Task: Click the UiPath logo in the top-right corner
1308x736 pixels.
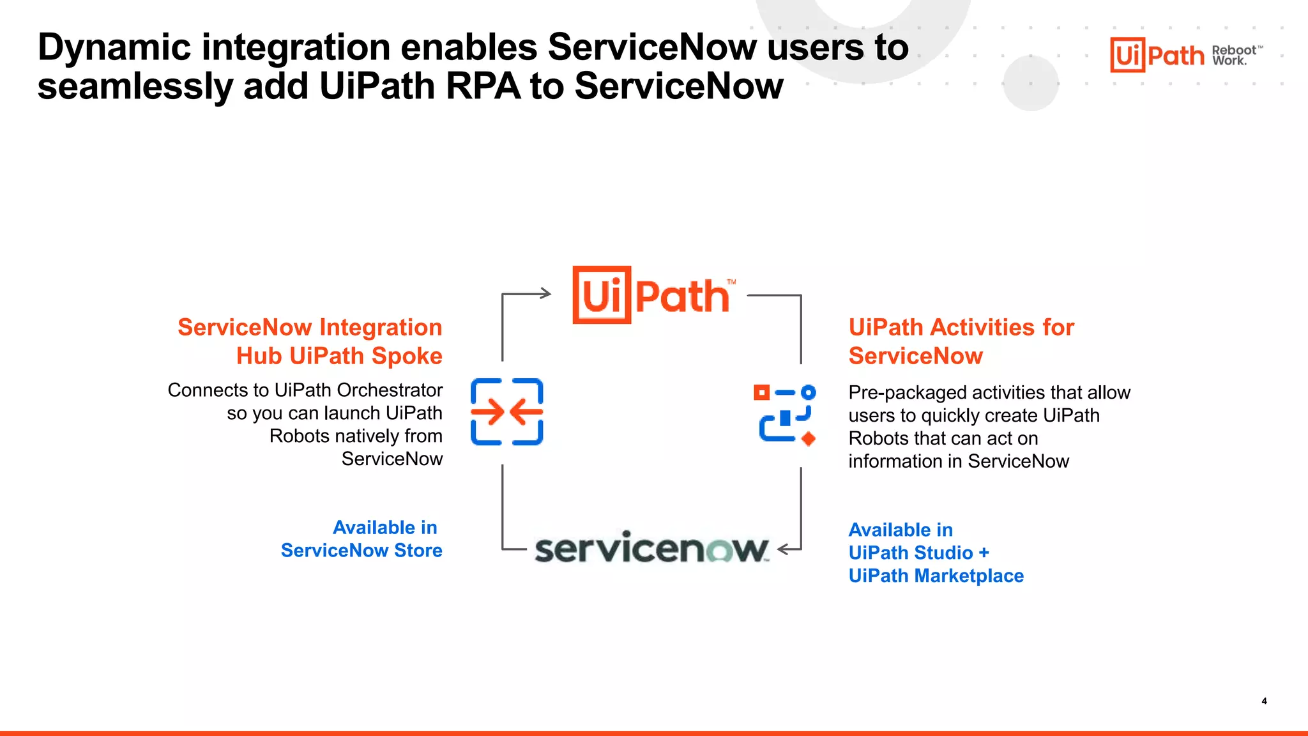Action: (x=1157, y=55)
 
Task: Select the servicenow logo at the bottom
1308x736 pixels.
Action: (x=651, y=548)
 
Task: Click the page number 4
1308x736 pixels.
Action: (x=1264, y=701)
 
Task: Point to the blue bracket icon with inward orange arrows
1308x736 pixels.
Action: (x=506, y=411)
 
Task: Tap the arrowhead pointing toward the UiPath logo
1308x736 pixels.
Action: (x=545, y=293)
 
